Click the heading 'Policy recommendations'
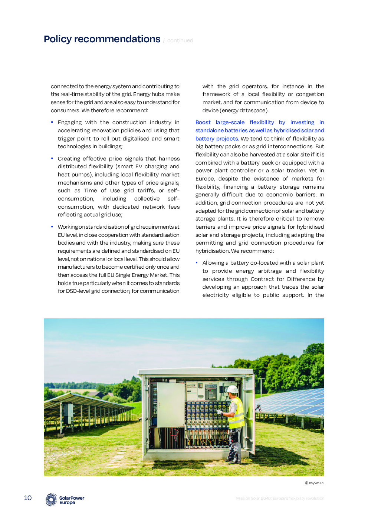click(102, 39)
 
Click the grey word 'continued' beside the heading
click(180, 40)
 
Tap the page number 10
click(28, 498)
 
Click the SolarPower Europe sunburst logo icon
click(51, 500)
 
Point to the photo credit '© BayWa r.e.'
click(315, 483)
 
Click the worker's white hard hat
click(233, 389)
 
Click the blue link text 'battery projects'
click(217, 139)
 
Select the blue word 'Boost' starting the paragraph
click(203, 122)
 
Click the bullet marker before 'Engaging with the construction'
click(52, 122)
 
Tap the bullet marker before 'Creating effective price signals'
click(52, 158)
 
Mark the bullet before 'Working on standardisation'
click(52, 226)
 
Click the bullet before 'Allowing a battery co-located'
click(197, 262)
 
